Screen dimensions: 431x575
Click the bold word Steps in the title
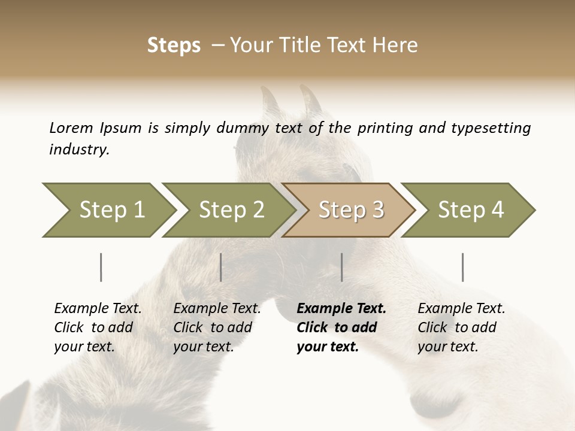(x=174, y=45)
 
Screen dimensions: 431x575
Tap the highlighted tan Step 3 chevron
(x=351, y=210)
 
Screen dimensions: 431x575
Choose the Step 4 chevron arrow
(x=471, y=210)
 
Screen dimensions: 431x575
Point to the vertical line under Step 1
(x=101, y=267)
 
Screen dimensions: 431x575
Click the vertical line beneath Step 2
(x=221, y=267)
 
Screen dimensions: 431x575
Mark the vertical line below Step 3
(x=341, y=267)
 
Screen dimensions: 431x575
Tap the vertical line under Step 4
(x=462, y=267)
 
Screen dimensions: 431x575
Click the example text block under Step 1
(x=98, y=327)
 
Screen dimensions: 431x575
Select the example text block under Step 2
(x=217, y=327)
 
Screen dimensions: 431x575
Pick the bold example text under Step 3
(x=341, y=327)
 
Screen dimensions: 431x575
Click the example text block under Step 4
(x=461, y=327)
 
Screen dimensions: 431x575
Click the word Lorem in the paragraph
(x=71, y=128)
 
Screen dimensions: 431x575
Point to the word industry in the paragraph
(x=79, y=150)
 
